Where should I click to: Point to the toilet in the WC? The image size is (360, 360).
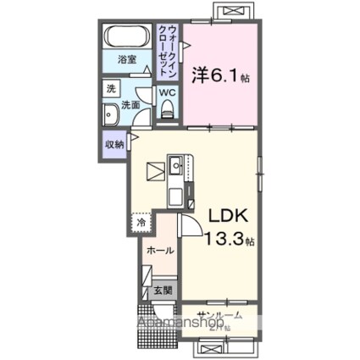tap(168, 107)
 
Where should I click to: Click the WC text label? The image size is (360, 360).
tap(167, 92)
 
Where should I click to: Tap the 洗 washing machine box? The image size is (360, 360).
tap(111, 89)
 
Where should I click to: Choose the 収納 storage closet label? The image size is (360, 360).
tap(114, 143)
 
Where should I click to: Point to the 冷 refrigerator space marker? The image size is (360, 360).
tap(141, 223)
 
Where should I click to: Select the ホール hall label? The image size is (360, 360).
tap(160, 251)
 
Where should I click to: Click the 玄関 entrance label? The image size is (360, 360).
tap(164, 291)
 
